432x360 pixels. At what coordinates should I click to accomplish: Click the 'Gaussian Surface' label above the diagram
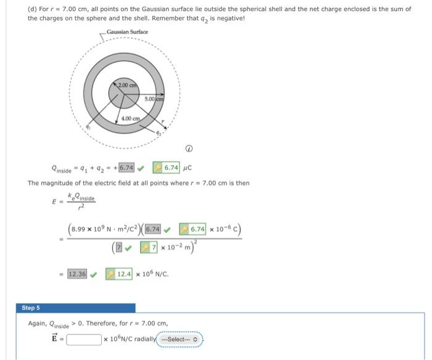coord(128,32)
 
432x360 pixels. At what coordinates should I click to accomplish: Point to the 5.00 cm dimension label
coord(154,99)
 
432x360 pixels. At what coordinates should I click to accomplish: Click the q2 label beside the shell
coord(159,133)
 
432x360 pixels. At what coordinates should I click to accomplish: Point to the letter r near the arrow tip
coord(162,121)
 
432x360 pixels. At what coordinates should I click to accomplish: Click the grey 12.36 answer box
coord(77,273)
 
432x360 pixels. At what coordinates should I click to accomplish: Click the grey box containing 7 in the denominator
coord(119,247)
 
